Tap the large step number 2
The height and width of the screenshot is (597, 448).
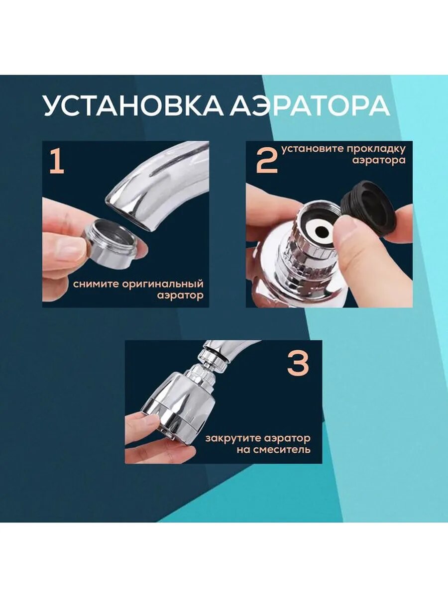267,162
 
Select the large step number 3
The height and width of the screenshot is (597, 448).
298,364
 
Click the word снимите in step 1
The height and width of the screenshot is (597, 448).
96,284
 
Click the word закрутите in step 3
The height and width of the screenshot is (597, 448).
233,438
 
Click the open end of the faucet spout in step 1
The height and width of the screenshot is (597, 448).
128,217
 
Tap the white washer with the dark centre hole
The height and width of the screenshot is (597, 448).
321,232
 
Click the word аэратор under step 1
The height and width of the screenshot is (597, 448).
180,296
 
